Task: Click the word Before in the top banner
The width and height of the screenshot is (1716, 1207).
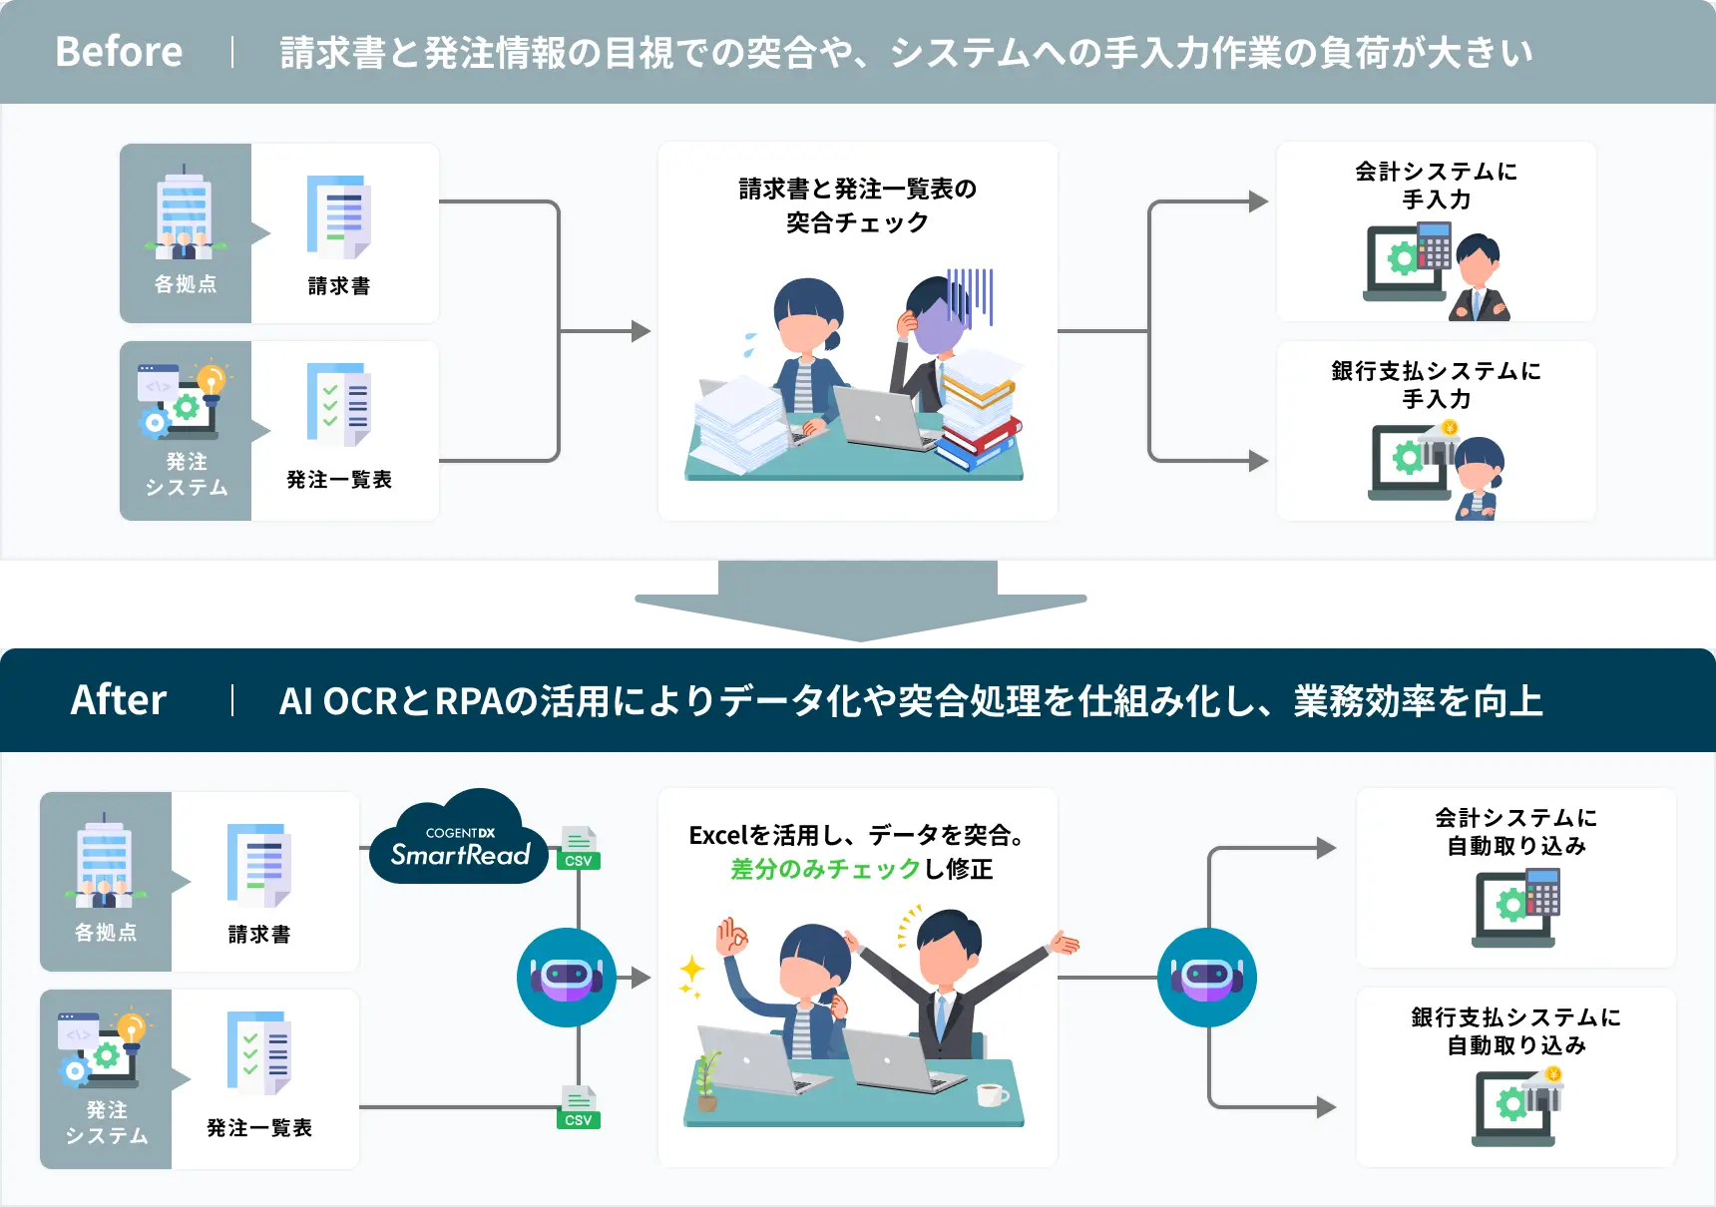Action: coord(119,51)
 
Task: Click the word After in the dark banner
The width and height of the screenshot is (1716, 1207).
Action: coord(119,700)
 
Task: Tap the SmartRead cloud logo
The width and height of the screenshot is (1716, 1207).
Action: coord(459,841)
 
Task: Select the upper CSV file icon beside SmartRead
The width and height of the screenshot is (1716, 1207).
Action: coord(579,848)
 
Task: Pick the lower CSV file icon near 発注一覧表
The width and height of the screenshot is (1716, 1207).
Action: coord(579,1107)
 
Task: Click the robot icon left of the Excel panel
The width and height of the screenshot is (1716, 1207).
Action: coord(567,978)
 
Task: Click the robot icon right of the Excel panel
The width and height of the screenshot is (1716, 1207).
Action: coord(1206,978)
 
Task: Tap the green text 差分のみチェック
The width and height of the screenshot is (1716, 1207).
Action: coord(825,869)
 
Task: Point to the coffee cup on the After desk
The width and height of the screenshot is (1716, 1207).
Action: coord(991,1095)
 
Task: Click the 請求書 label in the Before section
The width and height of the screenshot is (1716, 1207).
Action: coord(339,286)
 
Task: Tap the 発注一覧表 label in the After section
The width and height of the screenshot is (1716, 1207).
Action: coord(259,1128)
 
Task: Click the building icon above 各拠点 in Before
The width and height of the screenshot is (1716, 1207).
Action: coord(185,211)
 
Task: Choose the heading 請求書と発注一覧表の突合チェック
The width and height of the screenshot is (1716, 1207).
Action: coord(857,204)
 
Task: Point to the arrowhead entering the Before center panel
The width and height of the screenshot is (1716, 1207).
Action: coord(642,331)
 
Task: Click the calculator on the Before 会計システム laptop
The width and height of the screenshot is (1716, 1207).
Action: coord(1434,245)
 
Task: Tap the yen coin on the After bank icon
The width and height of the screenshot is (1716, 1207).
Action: coord(1553,1074)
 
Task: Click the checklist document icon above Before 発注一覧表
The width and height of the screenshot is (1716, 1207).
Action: coord(339,405)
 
